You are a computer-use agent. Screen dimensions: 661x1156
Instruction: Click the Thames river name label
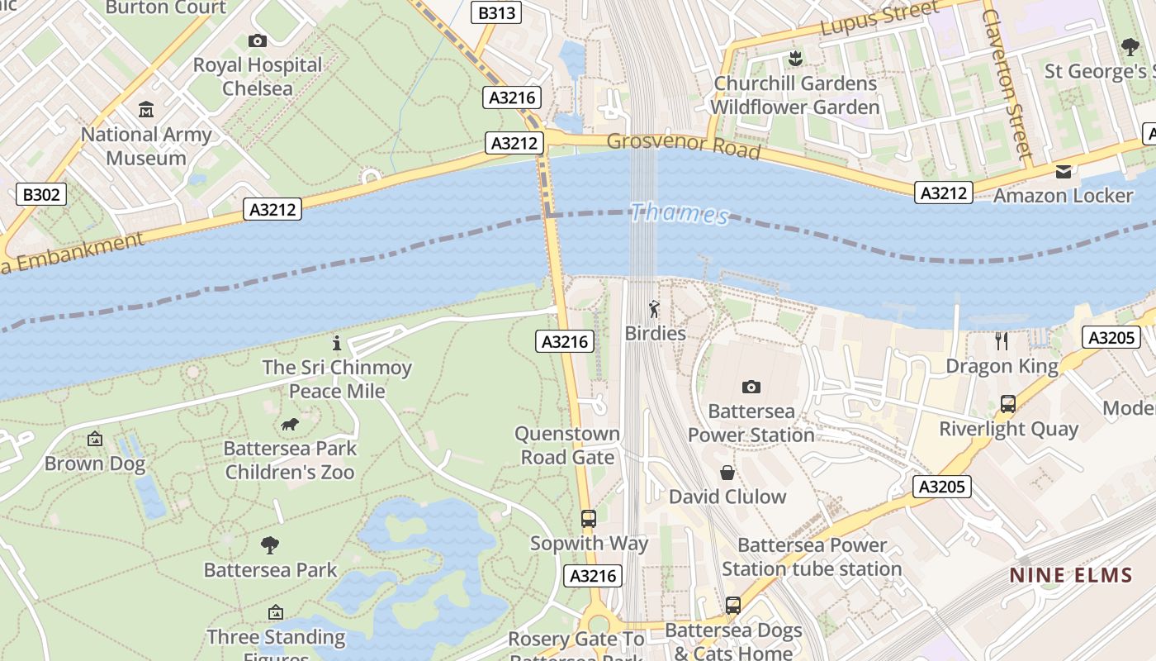point(680,214)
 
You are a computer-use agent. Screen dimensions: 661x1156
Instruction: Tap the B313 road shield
point(497,12)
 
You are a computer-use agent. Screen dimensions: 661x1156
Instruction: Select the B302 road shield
point(40,195)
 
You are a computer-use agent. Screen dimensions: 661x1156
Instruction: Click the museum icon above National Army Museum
point(146,109)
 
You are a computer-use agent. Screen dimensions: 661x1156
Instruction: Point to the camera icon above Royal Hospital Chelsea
point(258,40)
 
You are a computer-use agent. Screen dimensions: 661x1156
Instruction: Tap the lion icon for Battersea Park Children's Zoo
point(290,425)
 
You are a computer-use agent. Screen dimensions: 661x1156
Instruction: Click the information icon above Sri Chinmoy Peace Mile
point(336,343)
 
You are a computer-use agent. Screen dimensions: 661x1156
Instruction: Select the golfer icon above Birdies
point(655,310)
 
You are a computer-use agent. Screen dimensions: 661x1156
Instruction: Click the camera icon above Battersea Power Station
point(751,387)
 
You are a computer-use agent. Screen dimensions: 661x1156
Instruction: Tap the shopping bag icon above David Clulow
point(727,473)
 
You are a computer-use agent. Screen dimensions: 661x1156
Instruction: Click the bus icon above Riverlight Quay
point(1008,404)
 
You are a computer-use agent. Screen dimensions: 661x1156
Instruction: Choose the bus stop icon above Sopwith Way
point(589,519)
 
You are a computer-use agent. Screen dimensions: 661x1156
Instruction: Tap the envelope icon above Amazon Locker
point(1063,171)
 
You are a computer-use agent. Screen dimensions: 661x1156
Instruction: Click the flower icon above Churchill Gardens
point(795,58)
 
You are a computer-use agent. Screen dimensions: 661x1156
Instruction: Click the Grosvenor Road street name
point(683,145)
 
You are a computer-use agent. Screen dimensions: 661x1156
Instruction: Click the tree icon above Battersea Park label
point(270,545)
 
